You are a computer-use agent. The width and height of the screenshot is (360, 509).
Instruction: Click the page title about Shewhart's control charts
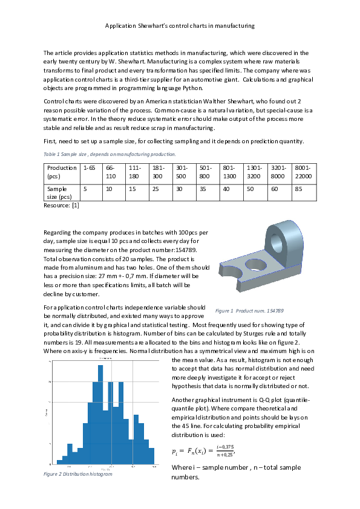(x=180, y=26)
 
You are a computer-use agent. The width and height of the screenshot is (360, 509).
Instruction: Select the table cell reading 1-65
(x=90, y=167)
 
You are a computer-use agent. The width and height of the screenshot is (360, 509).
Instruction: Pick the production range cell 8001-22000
(x=303, y=172)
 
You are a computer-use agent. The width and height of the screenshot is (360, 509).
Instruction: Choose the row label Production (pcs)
(x=62, y=172)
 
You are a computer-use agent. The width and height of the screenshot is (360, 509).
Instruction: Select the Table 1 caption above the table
(x=110, y=154)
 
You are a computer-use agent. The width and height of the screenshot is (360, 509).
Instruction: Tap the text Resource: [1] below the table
(x=62, y=206)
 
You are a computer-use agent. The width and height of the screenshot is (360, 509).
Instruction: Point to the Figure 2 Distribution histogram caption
(x=78, y=474)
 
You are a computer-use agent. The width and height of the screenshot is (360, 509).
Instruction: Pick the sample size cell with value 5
(x=85, y=189)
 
